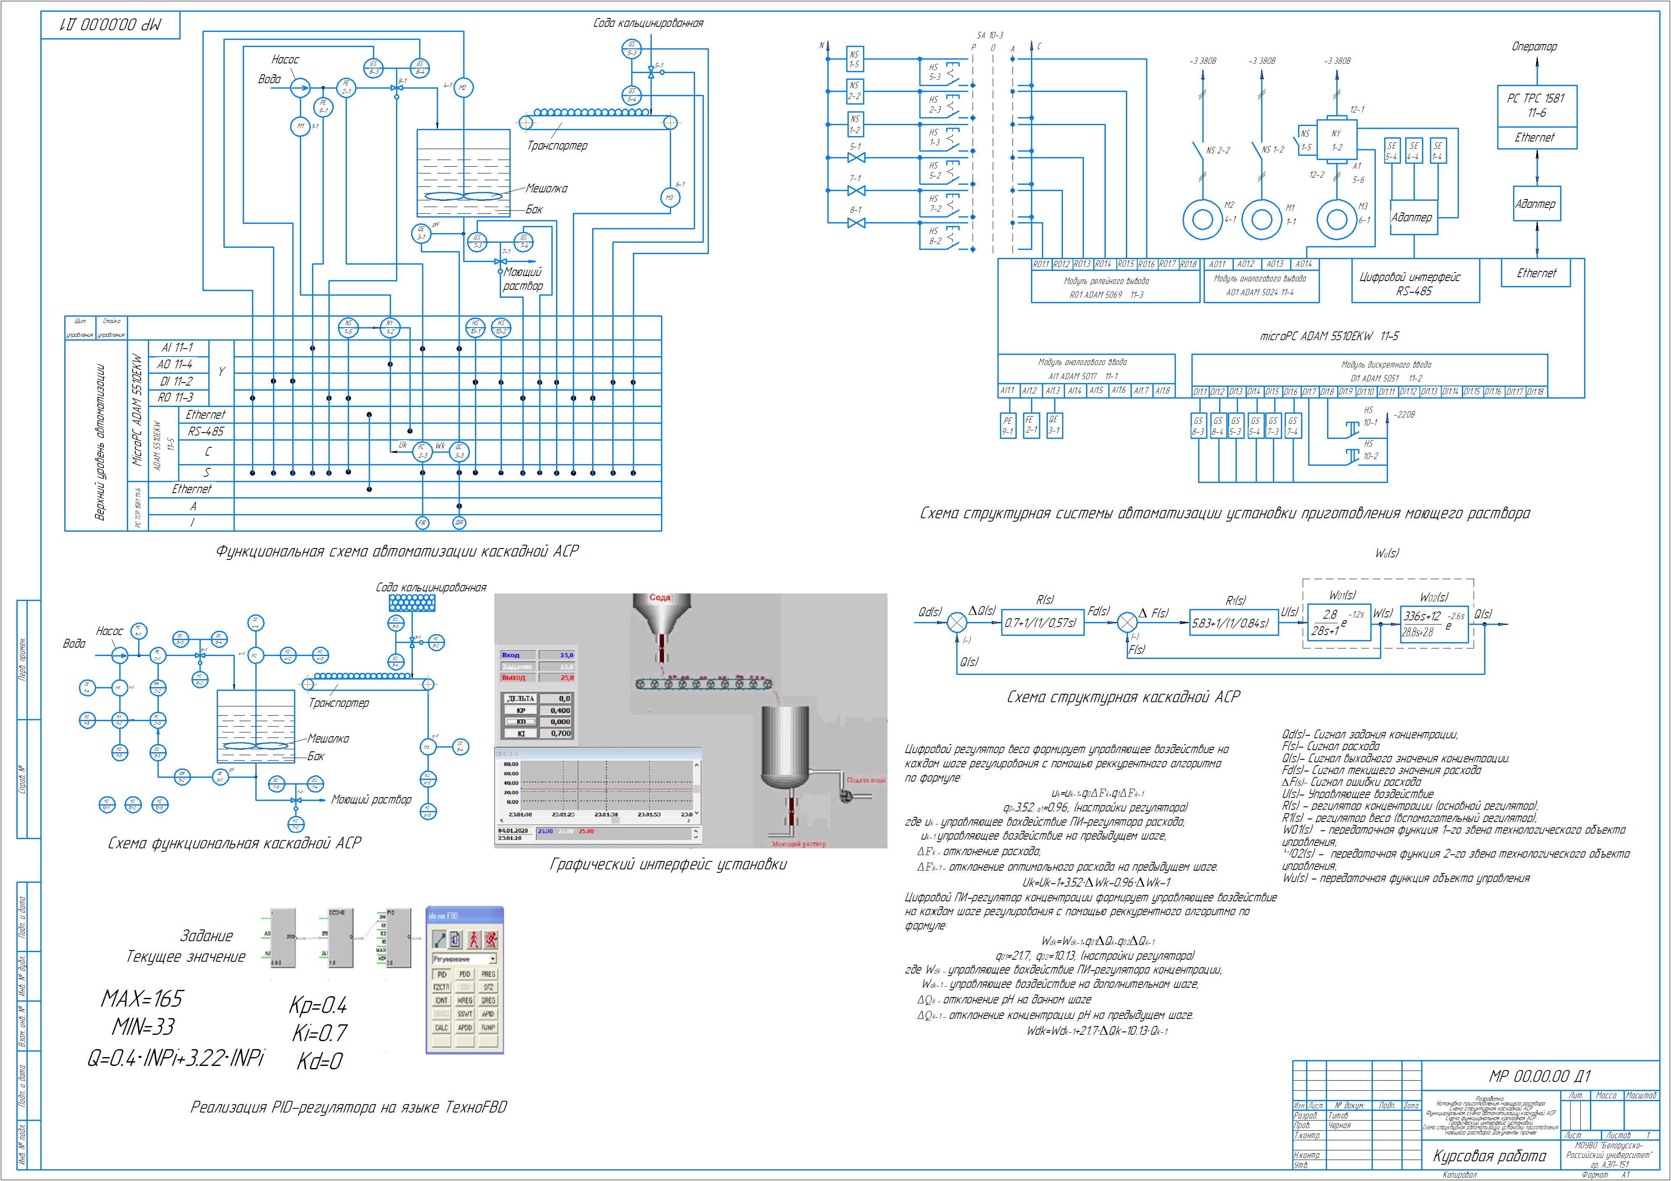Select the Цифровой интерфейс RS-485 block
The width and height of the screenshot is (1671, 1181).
(1414, 283)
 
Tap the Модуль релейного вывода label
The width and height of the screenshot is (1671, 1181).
(1106, 281)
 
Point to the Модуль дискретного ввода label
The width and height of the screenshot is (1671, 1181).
(1386, 365)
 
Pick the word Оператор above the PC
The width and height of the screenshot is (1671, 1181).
(1534, 47)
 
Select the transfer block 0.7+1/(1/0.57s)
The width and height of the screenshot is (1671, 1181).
(1043, 623)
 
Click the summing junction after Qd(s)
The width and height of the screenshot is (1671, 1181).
(957, 623)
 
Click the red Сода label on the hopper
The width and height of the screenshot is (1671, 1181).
(659, 597)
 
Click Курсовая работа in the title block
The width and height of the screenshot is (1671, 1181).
(1489, 1155)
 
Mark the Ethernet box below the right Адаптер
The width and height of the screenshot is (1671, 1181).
(1536, 273)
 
